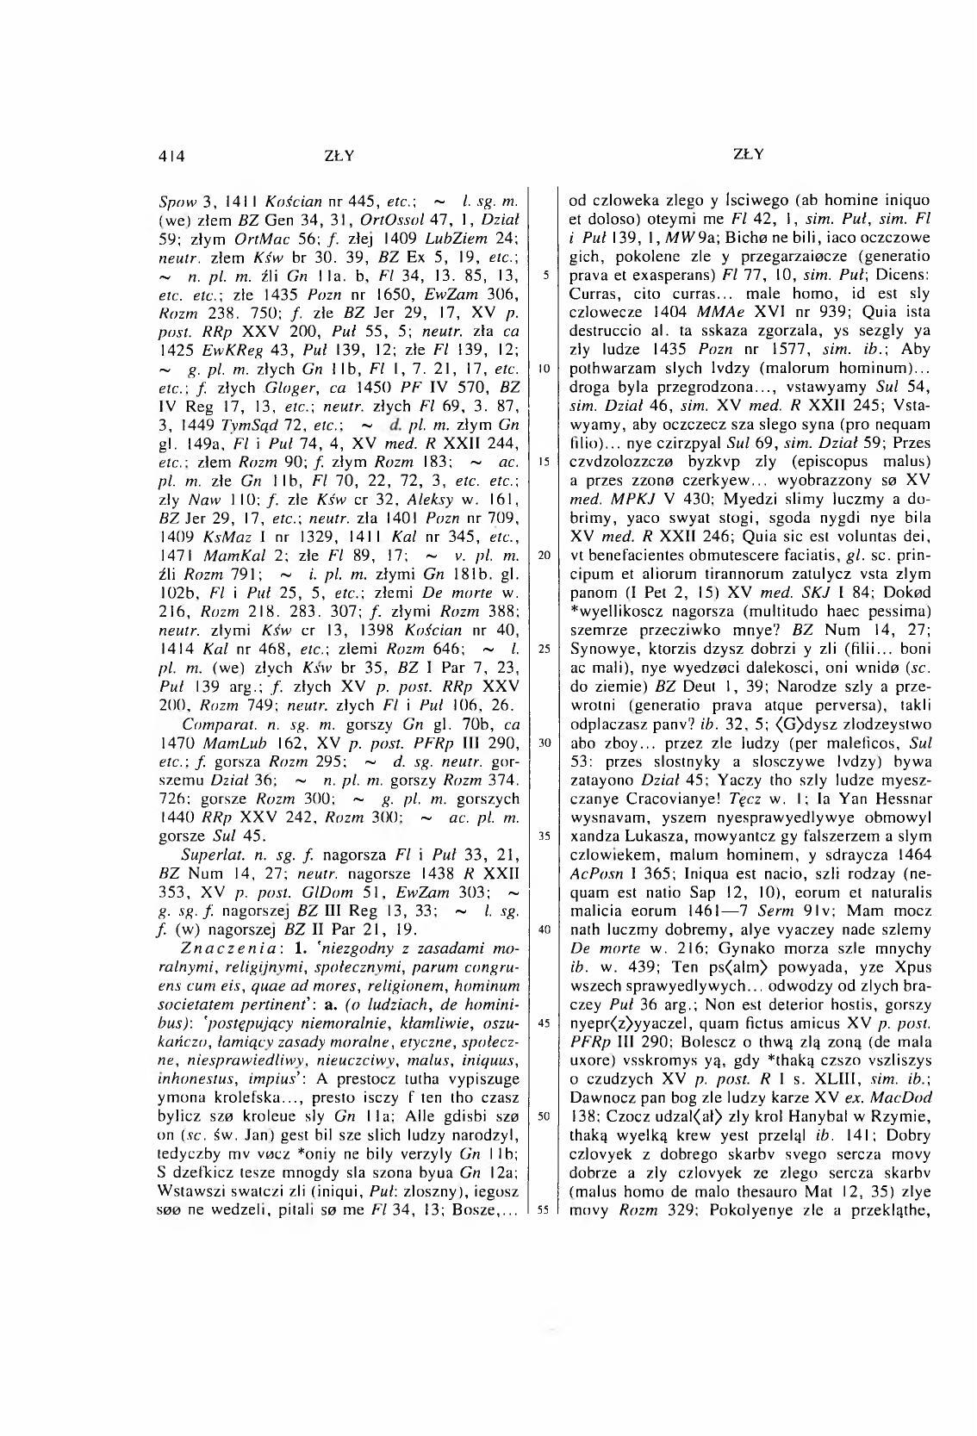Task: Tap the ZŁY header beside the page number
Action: coord(339,156)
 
